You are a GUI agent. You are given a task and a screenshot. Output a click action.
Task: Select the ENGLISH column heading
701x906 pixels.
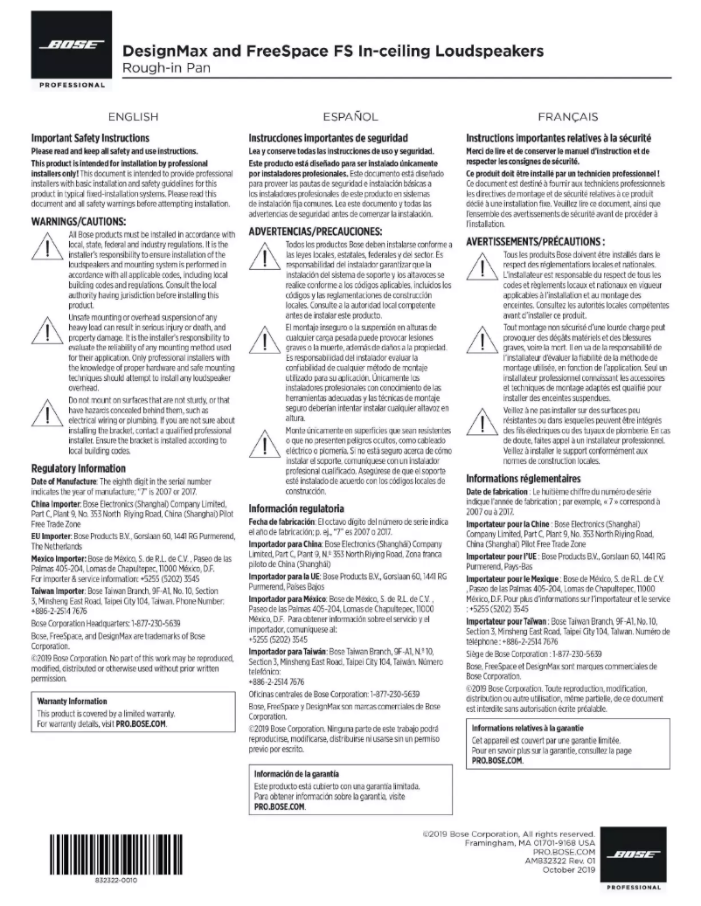133,116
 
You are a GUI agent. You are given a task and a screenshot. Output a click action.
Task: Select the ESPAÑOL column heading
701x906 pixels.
350,116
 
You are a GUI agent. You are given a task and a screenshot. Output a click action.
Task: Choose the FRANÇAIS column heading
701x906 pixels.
568,116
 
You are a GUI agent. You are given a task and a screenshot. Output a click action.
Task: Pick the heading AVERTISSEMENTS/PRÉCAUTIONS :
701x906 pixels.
535,240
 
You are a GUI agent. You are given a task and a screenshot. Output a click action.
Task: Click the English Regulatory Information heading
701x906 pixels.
78,468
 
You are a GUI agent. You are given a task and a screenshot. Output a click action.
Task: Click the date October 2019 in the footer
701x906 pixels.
568,869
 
